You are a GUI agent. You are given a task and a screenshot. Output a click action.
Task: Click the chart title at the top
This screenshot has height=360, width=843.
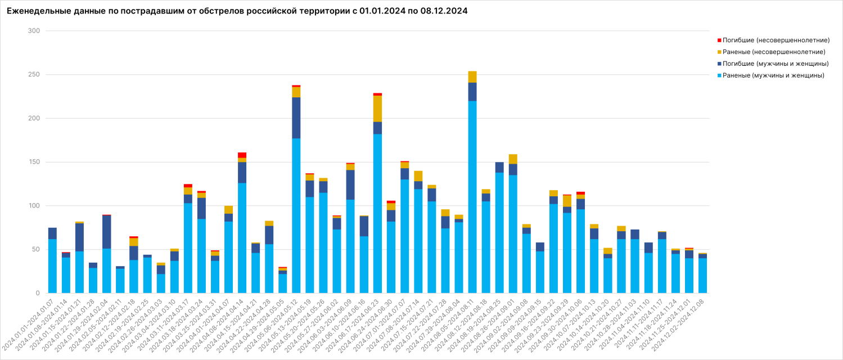point(237,11)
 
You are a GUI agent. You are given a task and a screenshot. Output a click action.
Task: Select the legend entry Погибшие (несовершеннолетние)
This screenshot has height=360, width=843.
point(776,40)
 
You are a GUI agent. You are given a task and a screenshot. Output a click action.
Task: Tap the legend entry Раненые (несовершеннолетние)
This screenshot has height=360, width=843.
point(774,52)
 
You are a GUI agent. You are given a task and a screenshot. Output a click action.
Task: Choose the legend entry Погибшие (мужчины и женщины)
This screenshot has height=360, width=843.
point(776,64)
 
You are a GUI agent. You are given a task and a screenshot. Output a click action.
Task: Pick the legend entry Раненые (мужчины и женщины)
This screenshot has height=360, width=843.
point(773,75)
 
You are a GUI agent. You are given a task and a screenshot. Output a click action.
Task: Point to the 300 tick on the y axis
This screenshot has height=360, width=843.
point(34,31)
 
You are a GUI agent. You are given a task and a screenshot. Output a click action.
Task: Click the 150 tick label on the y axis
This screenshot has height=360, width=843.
point(34,162)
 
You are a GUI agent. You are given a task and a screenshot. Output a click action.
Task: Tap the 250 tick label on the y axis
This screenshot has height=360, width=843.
point(34,75)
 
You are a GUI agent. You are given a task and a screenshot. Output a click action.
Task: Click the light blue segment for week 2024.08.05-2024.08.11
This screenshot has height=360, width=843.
point(472,197)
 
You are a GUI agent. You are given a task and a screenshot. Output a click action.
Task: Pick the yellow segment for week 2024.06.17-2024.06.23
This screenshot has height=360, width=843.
point(377,109)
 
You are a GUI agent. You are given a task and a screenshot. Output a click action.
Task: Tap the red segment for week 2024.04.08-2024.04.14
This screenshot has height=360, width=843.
point(242,155)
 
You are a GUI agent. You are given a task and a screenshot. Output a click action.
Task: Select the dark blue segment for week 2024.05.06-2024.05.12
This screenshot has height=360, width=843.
point(296,118)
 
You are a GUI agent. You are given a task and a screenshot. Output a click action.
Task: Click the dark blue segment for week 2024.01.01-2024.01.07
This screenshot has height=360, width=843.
point(52,233)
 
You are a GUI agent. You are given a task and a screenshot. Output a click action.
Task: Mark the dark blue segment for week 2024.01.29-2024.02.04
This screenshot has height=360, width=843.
point(106,232)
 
